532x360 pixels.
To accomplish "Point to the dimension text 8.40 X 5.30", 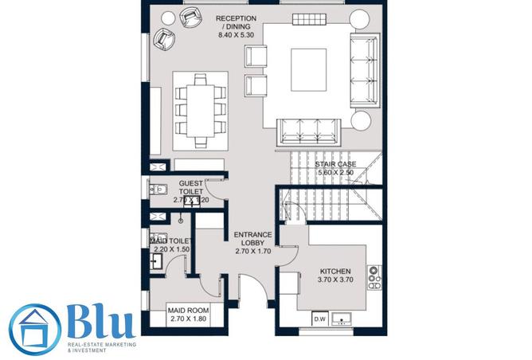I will (236, 36).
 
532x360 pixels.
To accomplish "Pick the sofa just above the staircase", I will (307, 130).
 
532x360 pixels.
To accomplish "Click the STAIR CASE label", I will (334, 164).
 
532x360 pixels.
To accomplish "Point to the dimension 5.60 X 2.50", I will (334, 173).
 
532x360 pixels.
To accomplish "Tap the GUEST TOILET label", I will (191, 187).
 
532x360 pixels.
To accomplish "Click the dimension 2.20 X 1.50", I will (172, 249).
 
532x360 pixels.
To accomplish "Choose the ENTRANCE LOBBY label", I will (253, 238).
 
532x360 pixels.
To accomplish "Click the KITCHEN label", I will (334, 271).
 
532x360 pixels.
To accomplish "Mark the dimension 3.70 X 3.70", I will (334, 280).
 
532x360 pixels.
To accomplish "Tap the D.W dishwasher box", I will (321, 319).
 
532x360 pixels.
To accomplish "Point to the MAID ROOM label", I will (188, 310).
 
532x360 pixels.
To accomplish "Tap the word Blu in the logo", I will (100, 323).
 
